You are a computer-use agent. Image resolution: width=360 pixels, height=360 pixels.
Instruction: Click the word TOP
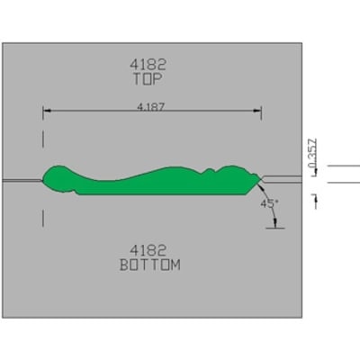click(x=148, y=79)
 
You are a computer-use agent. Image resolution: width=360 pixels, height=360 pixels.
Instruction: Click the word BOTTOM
click(x=150, y=265)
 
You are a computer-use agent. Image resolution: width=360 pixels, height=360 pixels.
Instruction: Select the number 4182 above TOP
click(x=148, y=64)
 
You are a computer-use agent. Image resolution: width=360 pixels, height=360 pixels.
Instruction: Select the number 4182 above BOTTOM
click(x=148, y=250)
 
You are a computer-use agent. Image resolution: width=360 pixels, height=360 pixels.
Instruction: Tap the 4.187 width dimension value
click(x=151, y=107)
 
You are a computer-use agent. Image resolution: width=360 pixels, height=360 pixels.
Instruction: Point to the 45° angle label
click(x=269, y=204)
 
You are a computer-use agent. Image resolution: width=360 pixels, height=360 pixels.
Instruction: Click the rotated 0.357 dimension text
click(x=312, y=153)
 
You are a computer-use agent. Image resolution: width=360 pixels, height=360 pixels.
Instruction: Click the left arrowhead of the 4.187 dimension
click(x=47, y=111)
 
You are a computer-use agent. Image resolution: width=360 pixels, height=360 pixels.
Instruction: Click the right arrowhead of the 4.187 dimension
click(x=257, y=111)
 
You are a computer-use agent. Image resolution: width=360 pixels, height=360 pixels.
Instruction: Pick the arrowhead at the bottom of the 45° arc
click(x=274, y=223)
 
